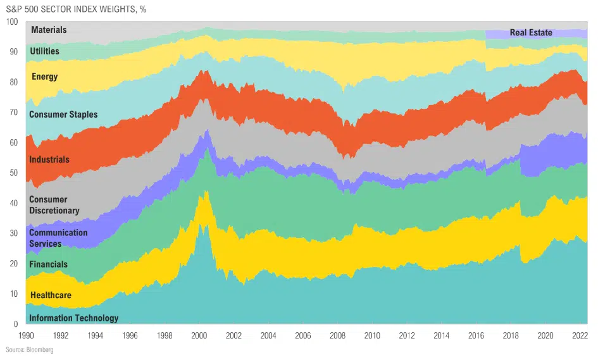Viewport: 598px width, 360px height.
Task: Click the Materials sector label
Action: click(49, 30)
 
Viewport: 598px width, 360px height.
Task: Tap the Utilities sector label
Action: click(44, 51)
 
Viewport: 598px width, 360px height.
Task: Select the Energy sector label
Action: click(44, 77)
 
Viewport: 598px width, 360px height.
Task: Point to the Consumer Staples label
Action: click(63, 115)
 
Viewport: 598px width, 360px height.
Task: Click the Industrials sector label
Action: click(49, 159)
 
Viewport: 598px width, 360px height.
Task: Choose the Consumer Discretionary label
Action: click(54, 205)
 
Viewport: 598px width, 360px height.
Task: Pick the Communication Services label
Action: click(58, 238)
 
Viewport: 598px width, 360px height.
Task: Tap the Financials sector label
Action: click(48, 264)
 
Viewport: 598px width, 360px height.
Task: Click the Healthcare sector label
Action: click(51, 295)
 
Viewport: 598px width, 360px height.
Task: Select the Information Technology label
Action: click(73, 318)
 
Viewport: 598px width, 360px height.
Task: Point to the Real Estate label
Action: click(531, 33)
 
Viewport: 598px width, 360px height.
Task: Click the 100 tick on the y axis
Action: click(12, 22)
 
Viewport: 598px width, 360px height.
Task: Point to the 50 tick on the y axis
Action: click(14, 173)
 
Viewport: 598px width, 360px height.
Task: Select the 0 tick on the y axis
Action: click(16, 324)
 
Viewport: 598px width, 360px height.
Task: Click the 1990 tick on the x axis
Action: click(27, 335)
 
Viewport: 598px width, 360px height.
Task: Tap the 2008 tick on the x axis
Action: click(337, 335)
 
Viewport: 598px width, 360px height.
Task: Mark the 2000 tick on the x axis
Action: click(199, 335)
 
